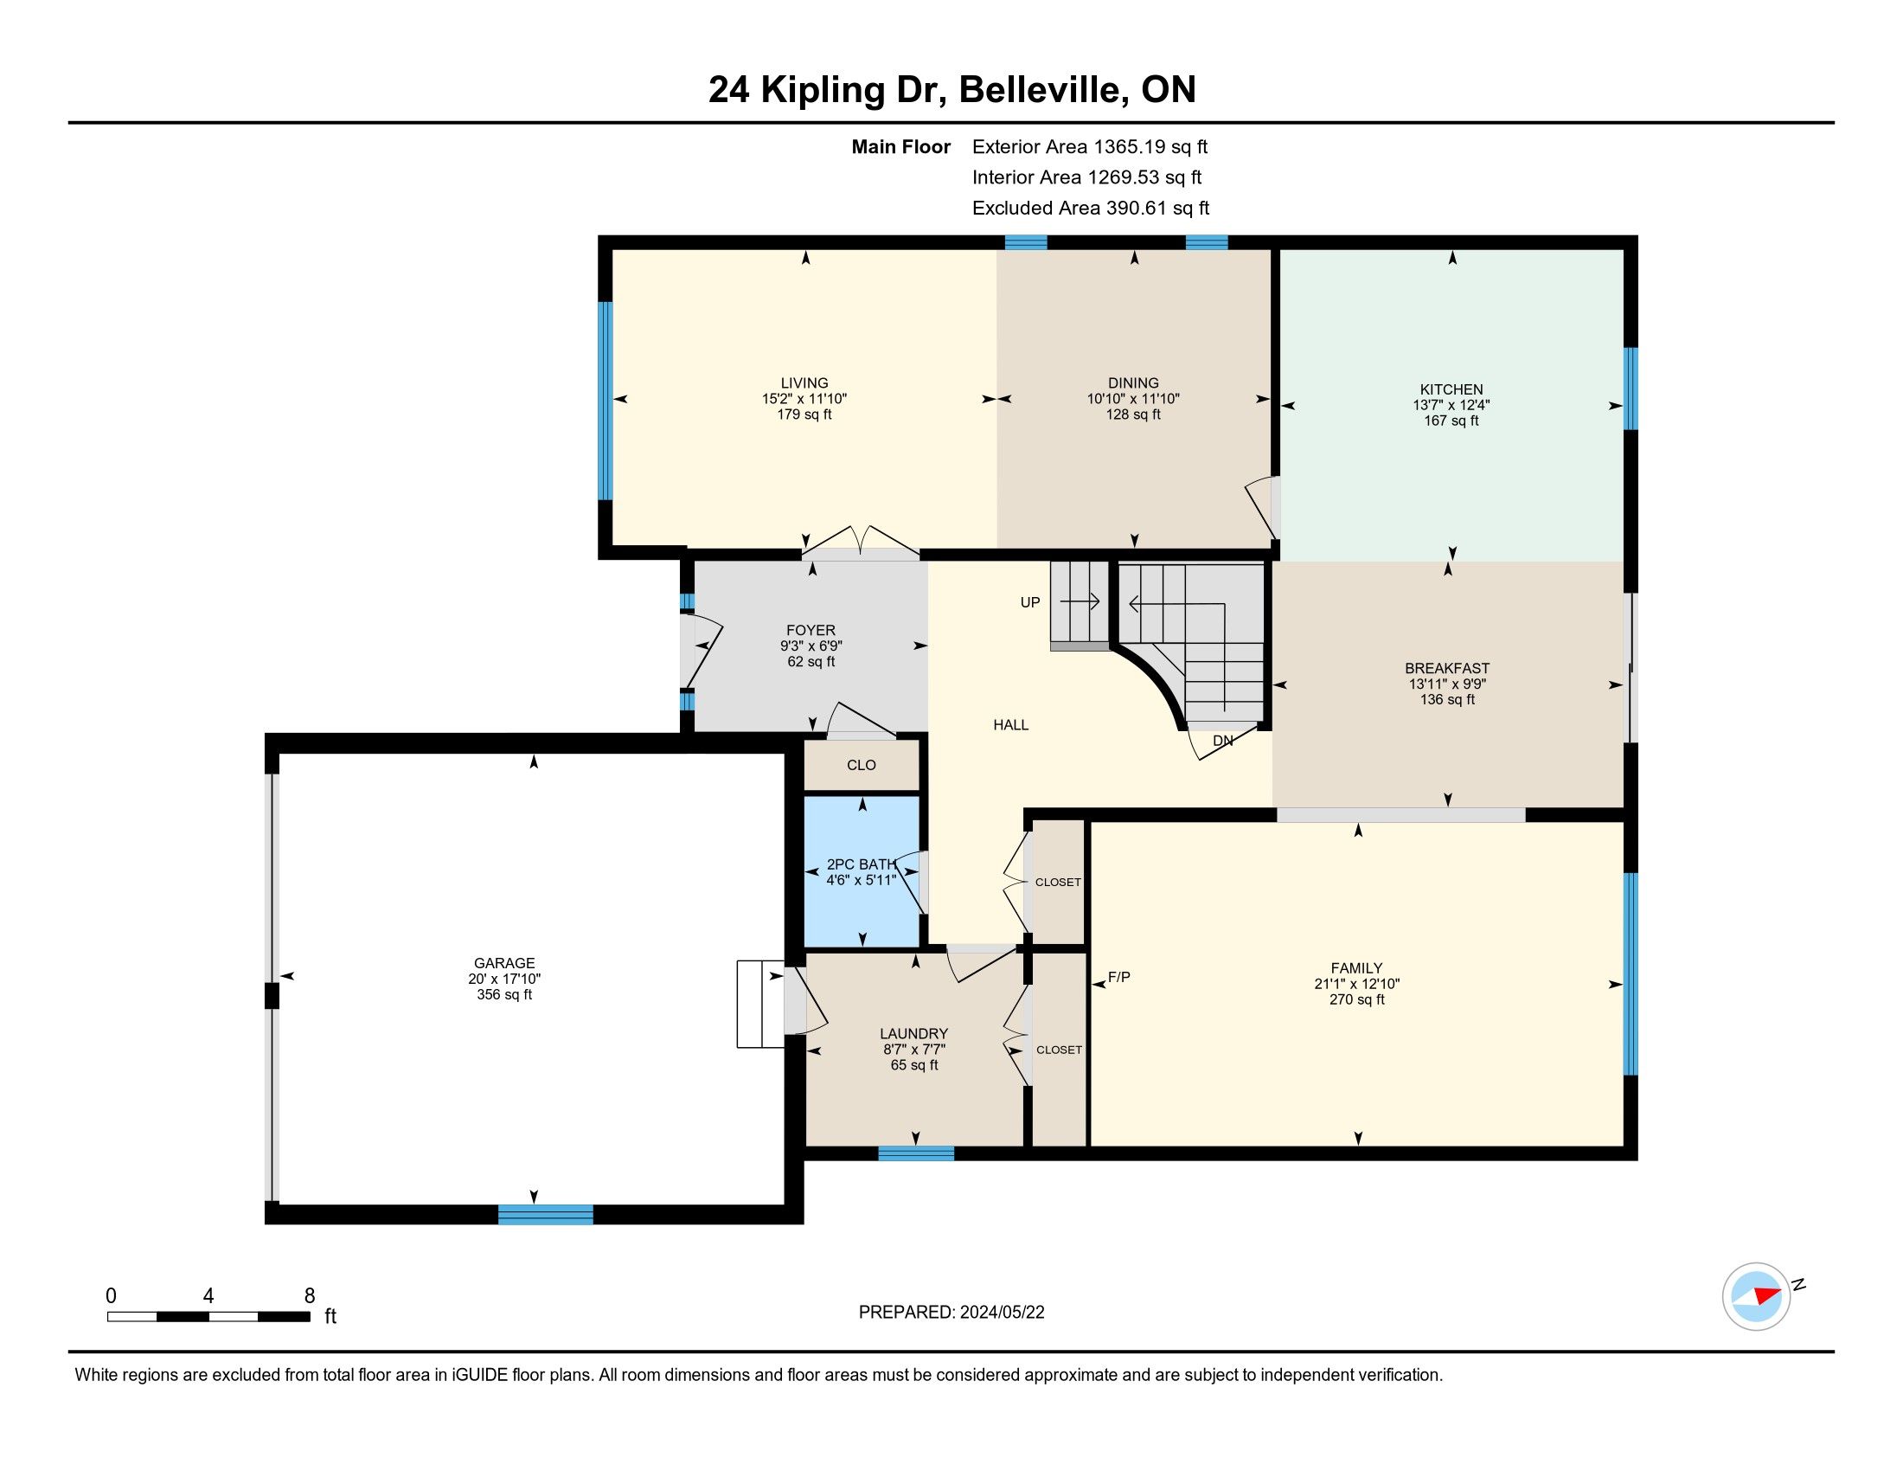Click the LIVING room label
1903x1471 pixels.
pyautogui.click(x=804, y=382)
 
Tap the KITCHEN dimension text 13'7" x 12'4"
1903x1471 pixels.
pyautogui.click(x=1451, y=405)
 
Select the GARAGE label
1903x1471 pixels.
pyautogui.click(x=504, y=963)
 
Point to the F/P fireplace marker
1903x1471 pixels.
pyautogui.click(x=1118, y=977)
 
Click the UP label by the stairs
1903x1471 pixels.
pyautogui.click(x=1030, y=602)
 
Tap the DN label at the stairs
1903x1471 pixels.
pyautogui.click(x=1222, y=741)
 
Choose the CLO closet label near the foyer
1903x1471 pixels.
pyautogui.click(x=861, y=765)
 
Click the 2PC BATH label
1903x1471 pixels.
pyautogui.click(x=861, y=864)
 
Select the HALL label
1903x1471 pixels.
pyautogui.click(x=1010, y=724)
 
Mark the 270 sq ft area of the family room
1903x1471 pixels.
pyautogui.click(x=1356, y=999)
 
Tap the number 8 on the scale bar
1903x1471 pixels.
pyautogui.click(x=310, y=1296)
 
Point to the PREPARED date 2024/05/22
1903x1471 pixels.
pyautogui.click(x=1001, y=1313)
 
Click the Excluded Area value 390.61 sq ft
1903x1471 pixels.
pyautogui.click(x=1158, y=208)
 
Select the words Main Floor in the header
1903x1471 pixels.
pyautogui.click(x=901, y=146)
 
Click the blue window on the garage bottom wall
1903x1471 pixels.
pyautogui.click(x=546, y=1214)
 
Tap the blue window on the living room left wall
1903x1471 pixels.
pyautogui.click(x=605, y=401)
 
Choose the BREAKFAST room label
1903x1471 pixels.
pyautogui.click(x=1447, y=668)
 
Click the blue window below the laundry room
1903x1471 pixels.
pyautogui.click(x=916, y=1153)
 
